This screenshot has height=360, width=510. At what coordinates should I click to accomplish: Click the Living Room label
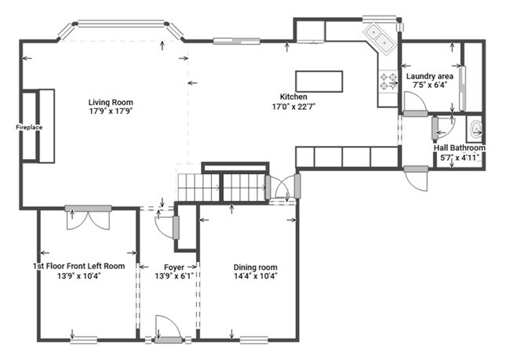(111, 103)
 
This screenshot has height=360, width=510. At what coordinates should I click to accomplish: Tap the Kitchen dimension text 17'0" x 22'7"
(294, 107)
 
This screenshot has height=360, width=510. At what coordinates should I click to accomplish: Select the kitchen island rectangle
(319, 82)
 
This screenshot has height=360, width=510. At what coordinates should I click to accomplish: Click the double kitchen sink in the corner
(380, 38)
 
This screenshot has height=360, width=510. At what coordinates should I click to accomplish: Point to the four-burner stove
(388, 82)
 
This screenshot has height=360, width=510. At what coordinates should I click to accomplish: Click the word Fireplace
(29, 128)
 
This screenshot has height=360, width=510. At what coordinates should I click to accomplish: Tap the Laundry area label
(430, 76)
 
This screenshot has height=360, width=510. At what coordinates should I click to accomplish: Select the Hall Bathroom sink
(475, 129)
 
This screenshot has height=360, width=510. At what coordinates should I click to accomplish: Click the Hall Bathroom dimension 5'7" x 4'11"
(460, 158)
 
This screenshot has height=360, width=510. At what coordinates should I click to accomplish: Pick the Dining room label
(255, 267)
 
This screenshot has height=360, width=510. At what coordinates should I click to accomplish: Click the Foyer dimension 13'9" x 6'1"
(174, 276)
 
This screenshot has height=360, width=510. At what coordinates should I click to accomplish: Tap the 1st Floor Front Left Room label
(78, 267)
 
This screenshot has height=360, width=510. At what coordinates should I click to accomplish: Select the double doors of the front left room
(88, 218)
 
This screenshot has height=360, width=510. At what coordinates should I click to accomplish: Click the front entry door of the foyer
(168, 329)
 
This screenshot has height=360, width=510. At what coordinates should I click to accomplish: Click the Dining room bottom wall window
(253, 340)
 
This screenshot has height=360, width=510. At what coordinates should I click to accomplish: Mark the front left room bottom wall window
(84, 340)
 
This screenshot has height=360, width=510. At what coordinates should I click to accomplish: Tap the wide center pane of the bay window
(121, 24)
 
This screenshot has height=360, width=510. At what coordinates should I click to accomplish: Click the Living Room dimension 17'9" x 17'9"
(111, 111)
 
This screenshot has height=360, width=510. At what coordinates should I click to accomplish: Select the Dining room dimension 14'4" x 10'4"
(255, 276)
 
